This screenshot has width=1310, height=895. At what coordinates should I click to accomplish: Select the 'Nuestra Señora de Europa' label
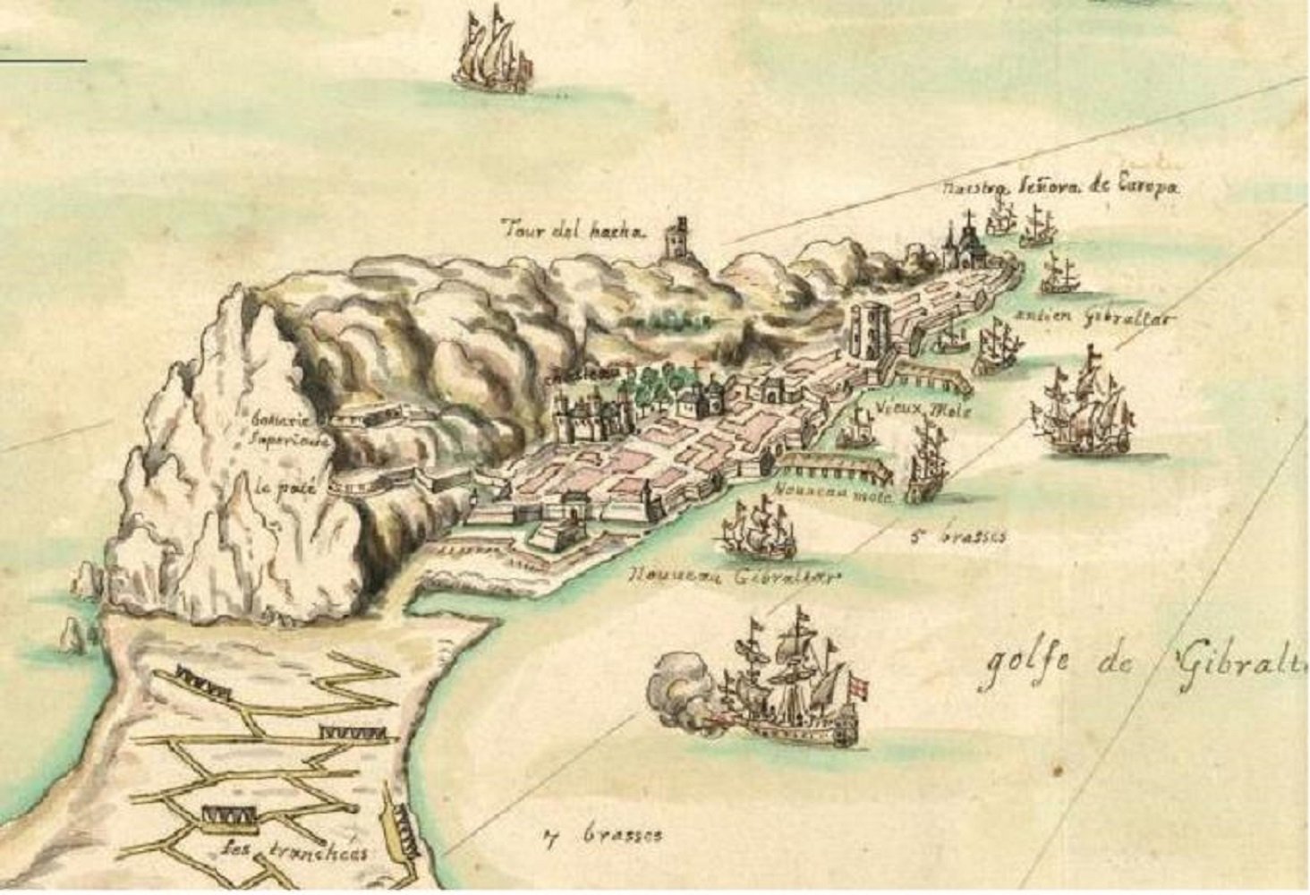tap(1061, 188)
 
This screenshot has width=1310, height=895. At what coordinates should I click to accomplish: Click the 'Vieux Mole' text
tap(926, 410)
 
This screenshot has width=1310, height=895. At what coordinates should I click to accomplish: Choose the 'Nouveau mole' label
tap(832, 494)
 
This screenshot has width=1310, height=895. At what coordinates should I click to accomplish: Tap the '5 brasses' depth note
tap(957, 537)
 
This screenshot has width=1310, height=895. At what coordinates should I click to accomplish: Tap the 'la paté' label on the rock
tap(276, 489)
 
